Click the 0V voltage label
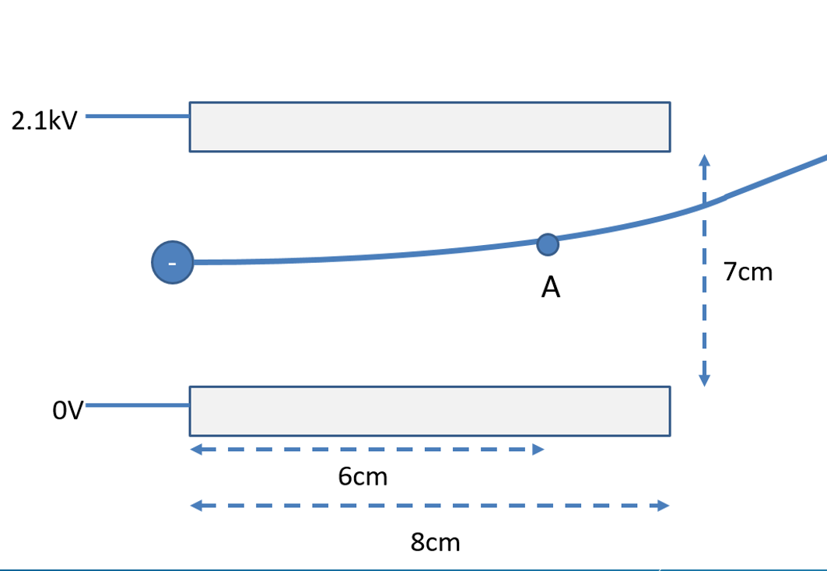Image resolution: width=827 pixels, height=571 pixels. (x=67, y=411)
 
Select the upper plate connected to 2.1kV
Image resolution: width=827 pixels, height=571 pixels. (x=429, y=126)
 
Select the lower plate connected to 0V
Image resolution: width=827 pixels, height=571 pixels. (x=429, y=411)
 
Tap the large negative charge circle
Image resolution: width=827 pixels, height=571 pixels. (x=172, y=262)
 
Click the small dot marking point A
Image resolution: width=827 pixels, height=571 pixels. (x=548, y=244)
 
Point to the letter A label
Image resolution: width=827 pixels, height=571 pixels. (x=550, y=288)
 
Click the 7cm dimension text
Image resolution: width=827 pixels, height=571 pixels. (x=747, y=271)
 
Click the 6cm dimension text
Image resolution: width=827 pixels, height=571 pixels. (x=363, y=476)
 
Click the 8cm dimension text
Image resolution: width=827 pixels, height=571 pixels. (x=435, y=542)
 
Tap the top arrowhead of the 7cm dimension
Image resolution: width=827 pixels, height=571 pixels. (x=704, y=160)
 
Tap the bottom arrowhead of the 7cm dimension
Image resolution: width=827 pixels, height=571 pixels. (x=704, y=380)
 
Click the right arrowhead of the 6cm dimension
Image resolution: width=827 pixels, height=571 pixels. (x=538, y=449)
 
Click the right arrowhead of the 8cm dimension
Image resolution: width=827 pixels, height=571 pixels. (x=664, y=506)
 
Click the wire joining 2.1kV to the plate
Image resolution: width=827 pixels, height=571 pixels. (x=137, y=116)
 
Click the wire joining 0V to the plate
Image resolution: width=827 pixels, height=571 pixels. (x=137, y=405)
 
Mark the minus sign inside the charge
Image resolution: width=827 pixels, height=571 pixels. (x=172, y=263)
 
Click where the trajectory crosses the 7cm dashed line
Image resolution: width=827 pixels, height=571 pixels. (x=704, y=205)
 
